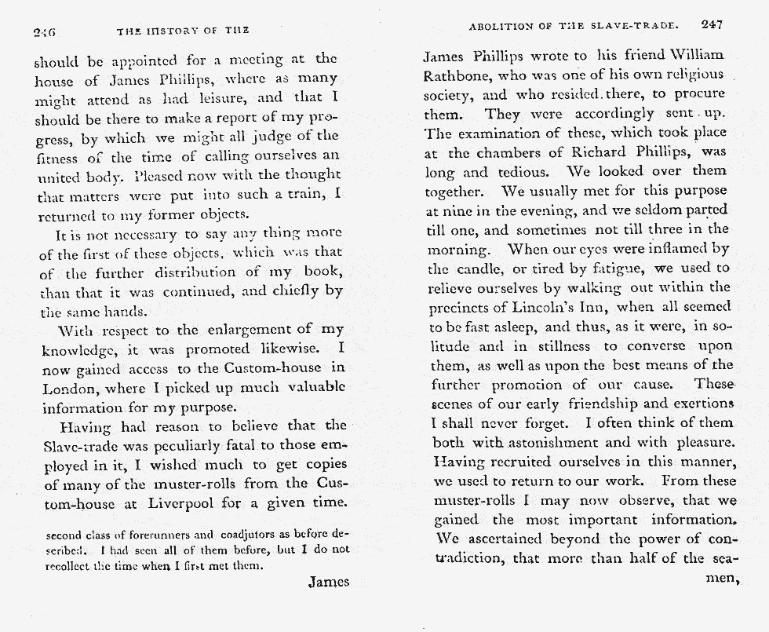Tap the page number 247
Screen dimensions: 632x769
(712, 25)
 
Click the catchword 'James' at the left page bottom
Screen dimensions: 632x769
(327, 582)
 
